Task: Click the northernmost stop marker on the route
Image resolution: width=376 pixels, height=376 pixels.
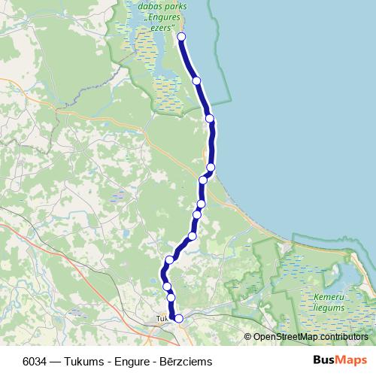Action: click(181, 37)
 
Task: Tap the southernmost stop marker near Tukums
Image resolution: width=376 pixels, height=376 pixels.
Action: click(179, 319)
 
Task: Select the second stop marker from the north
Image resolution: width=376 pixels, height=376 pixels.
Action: click(196, 80)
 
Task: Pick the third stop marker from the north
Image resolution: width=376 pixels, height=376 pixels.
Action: click(210, 119)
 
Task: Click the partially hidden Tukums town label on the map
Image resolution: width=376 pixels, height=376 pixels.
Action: click(162, 319)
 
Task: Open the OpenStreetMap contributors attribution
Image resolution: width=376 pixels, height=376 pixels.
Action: click(308, 336)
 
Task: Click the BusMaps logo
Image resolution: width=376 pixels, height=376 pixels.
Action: click(338, 361)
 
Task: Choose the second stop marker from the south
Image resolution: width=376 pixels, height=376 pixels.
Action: click(171, 298)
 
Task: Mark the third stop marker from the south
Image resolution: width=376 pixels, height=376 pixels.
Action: click(167, 286)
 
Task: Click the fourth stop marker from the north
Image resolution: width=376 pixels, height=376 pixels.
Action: click(211, 167)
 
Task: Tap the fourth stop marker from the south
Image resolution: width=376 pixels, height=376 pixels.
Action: click(170, 260)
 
